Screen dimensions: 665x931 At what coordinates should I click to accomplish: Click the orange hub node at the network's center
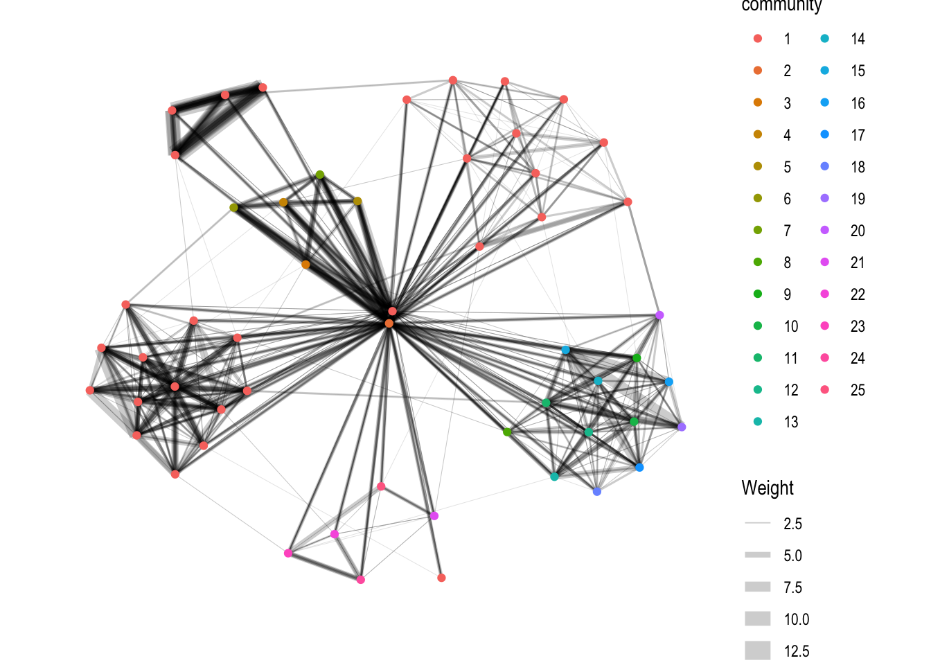(x=389, y=323)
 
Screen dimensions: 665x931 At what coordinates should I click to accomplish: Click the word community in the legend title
(x=781, y=6)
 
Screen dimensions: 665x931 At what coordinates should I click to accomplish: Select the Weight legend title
(x=768, y=488)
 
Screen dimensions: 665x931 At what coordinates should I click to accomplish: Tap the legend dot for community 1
(x=758, y=39)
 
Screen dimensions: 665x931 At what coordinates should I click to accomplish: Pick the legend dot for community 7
(x=758, y=231)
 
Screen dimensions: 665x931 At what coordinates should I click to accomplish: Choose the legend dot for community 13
(x=758, y=422)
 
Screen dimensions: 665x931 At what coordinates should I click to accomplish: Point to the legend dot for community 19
(x=825, y=199)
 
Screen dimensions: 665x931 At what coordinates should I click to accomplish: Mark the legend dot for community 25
(x=825, y=390)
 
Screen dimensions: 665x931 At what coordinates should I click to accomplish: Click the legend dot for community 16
(x=825, y=103)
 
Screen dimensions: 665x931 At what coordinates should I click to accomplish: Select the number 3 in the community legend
(x=787, y=103)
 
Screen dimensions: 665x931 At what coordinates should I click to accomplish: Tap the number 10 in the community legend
(x=791, y=326)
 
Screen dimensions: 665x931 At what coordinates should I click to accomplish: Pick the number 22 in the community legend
(x=858, y=294)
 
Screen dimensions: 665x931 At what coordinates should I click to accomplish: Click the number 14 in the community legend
(x=858, y=39)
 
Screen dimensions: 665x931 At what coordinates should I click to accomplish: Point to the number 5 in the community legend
(x=787, y=167)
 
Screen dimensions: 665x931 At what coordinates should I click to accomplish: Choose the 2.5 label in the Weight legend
(x=792, y=524)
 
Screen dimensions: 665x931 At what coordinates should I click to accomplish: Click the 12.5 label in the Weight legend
(x=797, y=651)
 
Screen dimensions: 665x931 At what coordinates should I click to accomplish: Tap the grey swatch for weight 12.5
(x=758, y=651)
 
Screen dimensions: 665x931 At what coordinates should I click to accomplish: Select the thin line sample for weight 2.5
(x=758, y=524)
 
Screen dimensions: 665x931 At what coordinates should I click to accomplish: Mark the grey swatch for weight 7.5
(x=758, y=587)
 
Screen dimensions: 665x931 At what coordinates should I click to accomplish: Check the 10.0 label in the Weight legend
(x=797, y=619)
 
